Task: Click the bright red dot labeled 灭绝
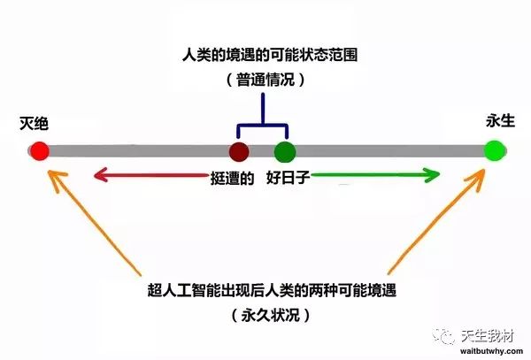(40, 151)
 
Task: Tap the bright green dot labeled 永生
(495, 150)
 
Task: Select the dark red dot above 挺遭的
(239, 151)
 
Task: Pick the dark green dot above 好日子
(285, 151)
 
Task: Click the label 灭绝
(34, 123)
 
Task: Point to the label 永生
(500, 120)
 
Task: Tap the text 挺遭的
(232, 178)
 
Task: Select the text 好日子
(288, 177)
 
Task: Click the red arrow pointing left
(150, 175)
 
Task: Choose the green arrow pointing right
(375, 175)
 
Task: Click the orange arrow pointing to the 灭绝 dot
(94, 222)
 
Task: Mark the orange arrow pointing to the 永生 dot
(437, 222)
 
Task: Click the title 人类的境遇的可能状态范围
(270, 55)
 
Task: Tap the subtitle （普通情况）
(265, 80)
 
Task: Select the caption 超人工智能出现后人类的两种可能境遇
(272, 290)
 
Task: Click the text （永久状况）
(271, 316)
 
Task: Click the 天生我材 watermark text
(487, 336)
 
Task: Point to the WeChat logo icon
(443, 336)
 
